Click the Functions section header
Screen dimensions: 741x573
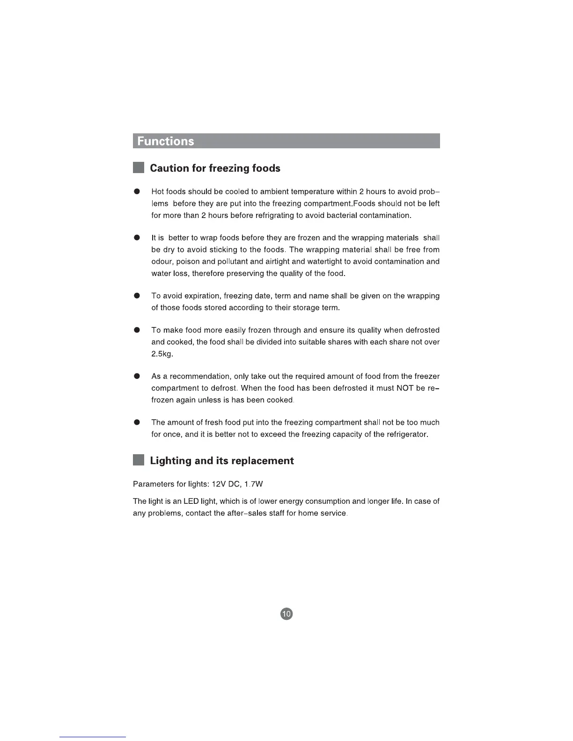point(166,141)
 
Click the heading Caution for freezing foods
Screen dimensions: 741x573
point(215,168)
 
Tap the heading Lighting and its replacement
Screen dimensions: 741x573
point(221,461)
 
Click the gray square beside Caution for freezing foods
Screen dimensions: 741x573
point(139,168)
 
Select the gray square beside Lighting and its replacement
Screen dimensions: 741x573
point(139,460)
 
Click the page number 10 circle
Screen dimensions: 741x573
point(286,614)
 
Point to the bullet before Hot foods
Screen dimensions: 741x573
point(137,192)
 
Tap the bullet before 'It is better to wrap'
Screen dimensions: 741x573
point(137,238)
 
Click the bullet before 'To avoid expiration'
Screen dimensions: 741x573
point(137,296)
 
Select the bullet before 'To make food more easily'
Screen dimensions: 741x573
point(137,330)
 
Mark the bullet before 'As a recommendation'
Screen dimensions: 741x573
point(137,377)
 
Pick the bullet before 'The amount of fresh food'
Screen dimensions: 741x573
point(137,422)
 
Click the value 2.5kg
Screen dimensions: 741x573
point(162,354)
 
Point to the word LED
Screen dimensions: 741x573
point(191,501)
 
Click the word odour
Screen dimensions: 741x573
point(162,262)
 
